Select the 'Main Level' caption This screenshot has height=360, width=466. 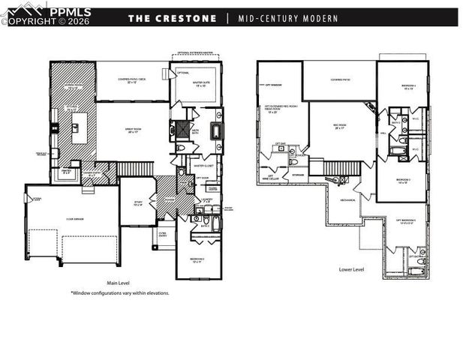pyautogui.click(x=119, y=283)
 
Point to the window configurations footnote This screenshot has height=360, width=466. pyautogui.click(x=120, y=293)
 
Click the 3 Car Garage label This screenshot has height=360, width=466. pyautogui.click(x=73, y=219)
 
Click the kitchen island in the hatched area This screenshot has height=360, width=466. pyautogui.click(x=77, y=131)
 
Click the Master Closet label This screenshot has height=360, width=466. pyautogui.click(x=205, y=165)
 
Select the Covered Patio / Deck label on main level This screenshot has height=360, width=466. pyautogui.click(x=132, y=80)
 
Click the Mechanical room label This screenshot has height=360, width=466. pyautogui.click(x=347, y=200)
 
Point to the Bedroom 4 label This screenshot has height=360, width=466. pyautogui.click(x=408, y=87)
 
